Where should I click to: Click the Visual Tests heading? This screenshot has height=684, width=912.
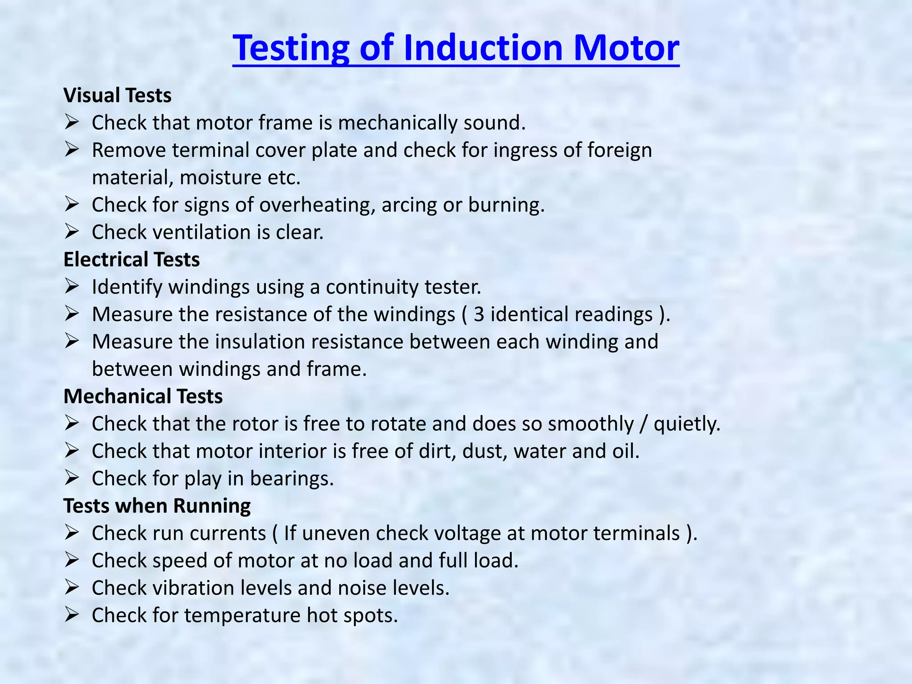click(118, 95)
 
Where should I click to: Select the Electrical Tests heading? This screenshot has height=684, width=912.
click(132, 260)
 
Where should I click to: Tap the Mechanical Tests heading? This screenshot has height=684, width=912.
click(143, 396)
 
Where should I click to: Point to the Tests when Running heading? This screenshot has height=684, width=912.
click(157, 506)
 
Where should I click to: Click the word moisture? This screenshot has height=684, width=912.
click(220, 178)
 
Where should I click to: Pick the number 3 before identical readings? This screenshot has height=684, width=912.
click(479, 314)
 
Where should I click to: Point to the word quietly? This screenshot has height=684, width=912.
click(686, 424)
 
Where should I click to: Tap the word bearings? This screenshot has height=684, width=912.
click(292, 479)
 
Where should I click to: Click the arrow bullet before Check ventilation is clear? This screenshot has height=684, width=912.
click(71, 232)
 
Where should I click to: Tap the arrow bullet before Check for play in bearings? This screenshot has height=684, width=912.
click(71, 478)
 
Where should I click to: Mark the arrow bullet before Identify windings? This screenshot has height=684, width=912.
click(71, 286)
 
